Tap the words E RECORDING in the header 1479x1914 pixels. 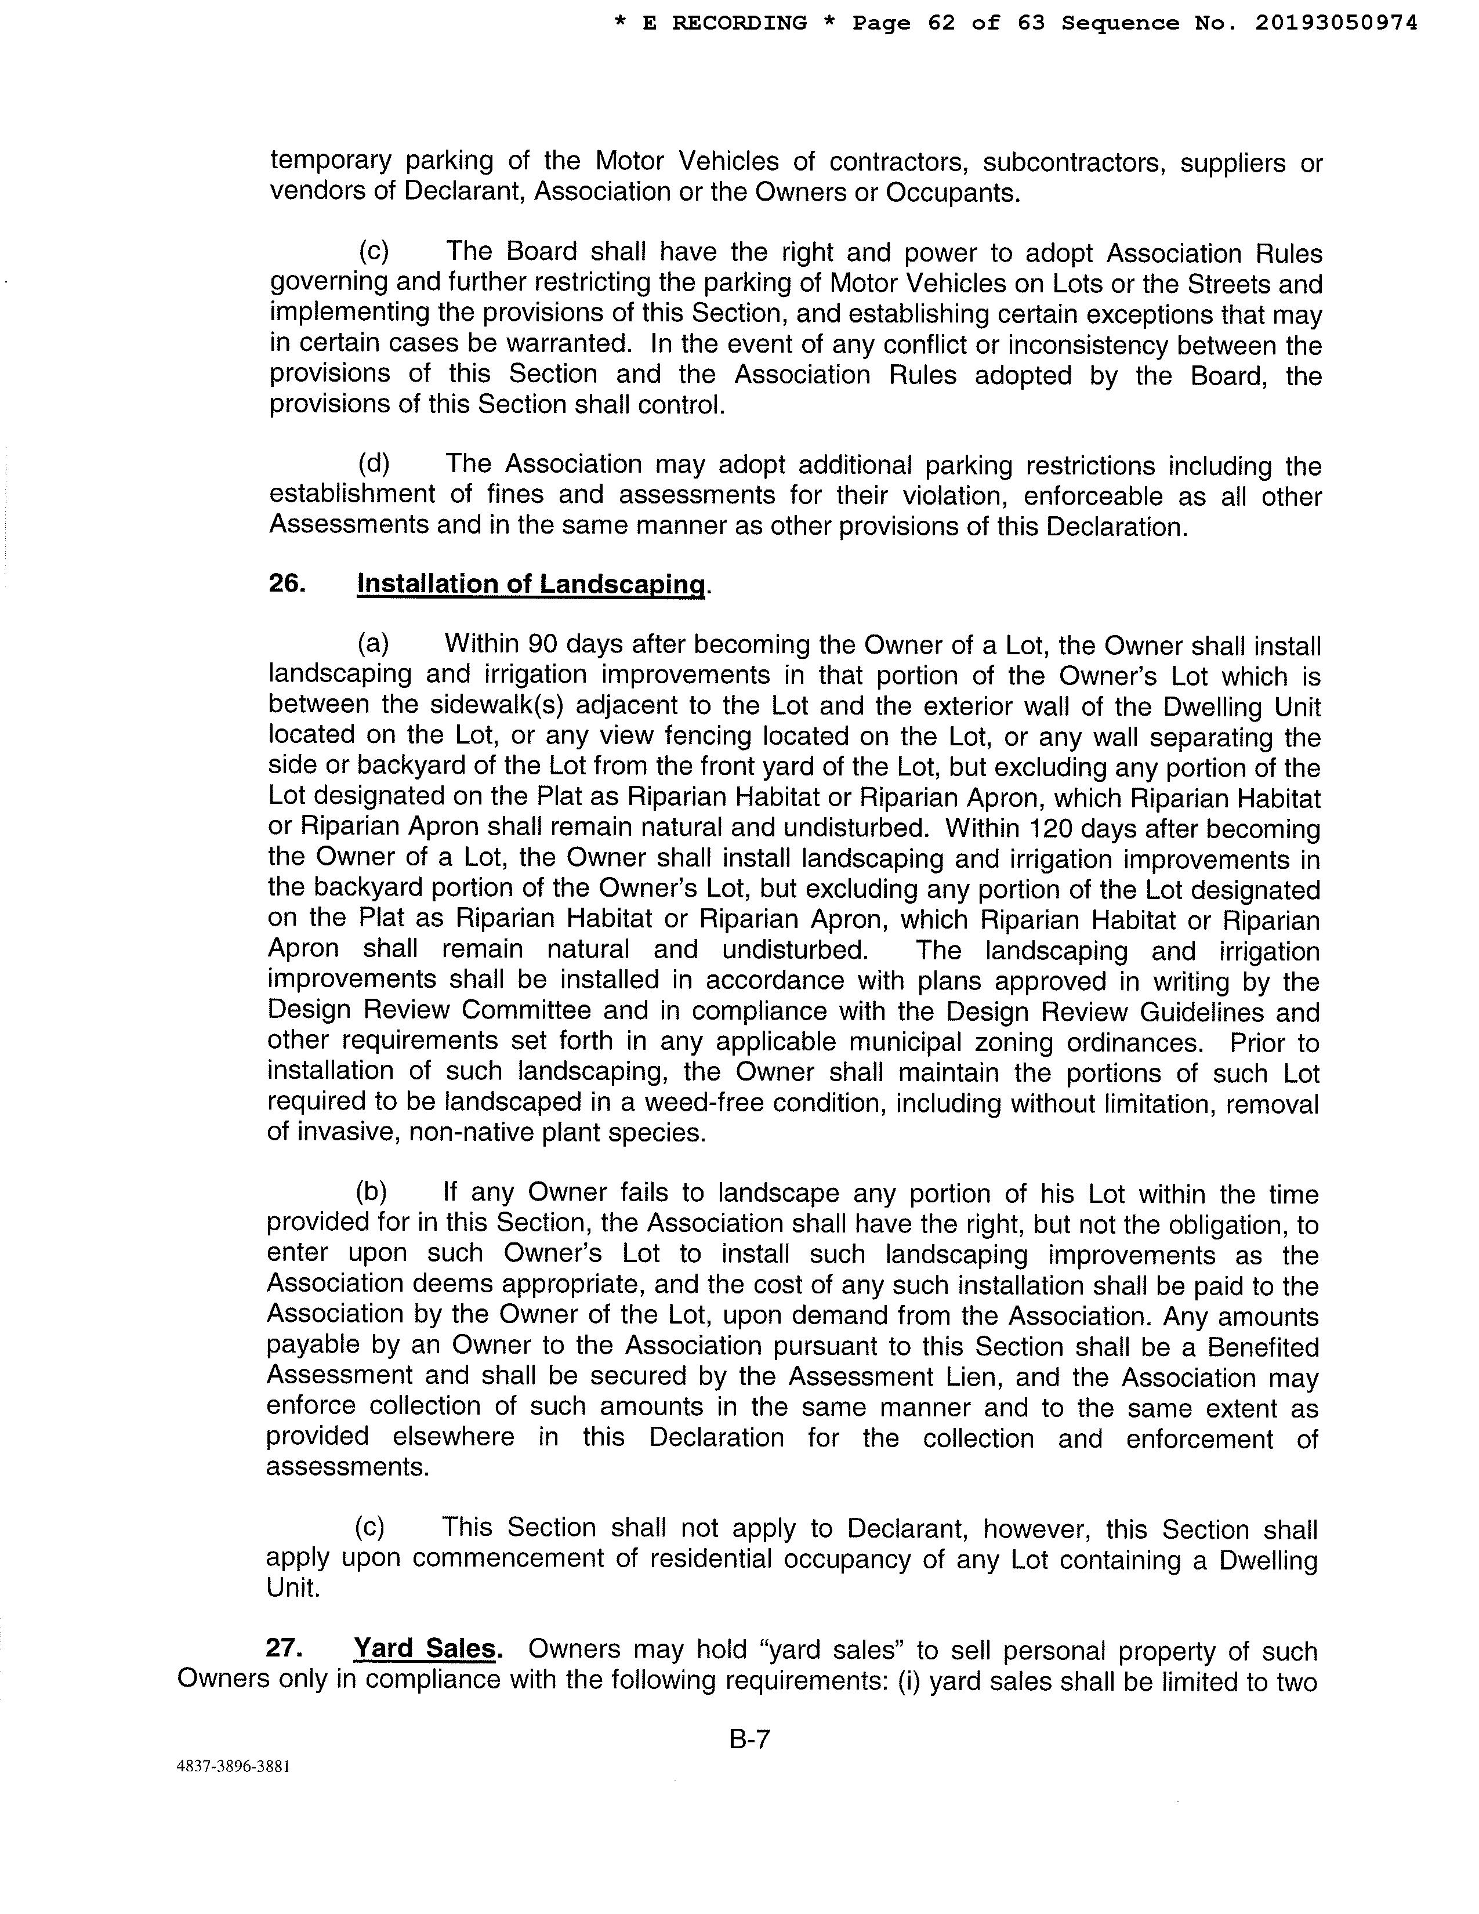coord(724,24)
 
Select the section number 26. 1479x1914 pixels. coord(287,583)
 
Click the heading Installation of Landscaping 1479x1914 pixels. coord(531,585)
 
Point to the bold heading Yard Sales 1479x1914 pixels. coord(425,1648)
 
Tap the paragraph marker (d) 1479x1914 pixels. coord(374,463)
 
